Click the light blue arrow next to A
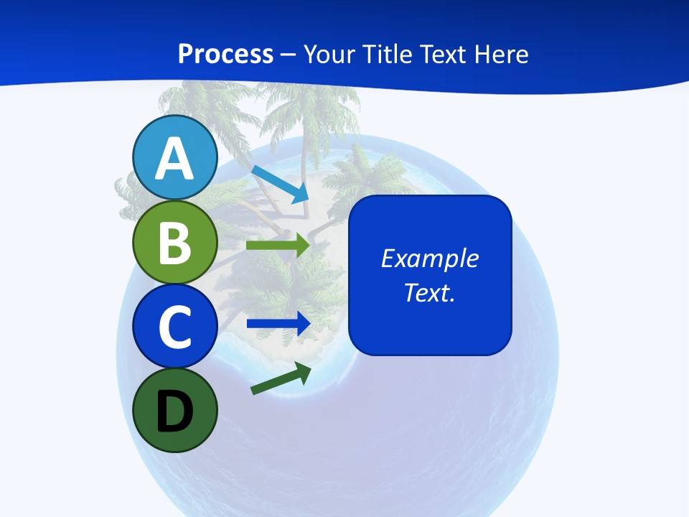click(x=281, y=184)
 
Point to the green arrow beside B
click(x=278, y=245)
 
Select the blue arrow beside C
click(x=278, y=323)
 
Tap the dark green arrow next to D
click(x=281, y=379)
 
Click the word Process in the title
click(x=225, y=54)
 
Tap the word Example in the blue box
click(x=429, y=258)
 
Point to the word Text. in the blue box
click(x=429, y=292)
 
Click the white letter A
click(x=174, y=159)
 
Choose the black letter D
click(x=174, y=411)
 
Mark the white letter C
click(x=174, y=327)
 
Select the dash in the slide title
click(x=289, y=55)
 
